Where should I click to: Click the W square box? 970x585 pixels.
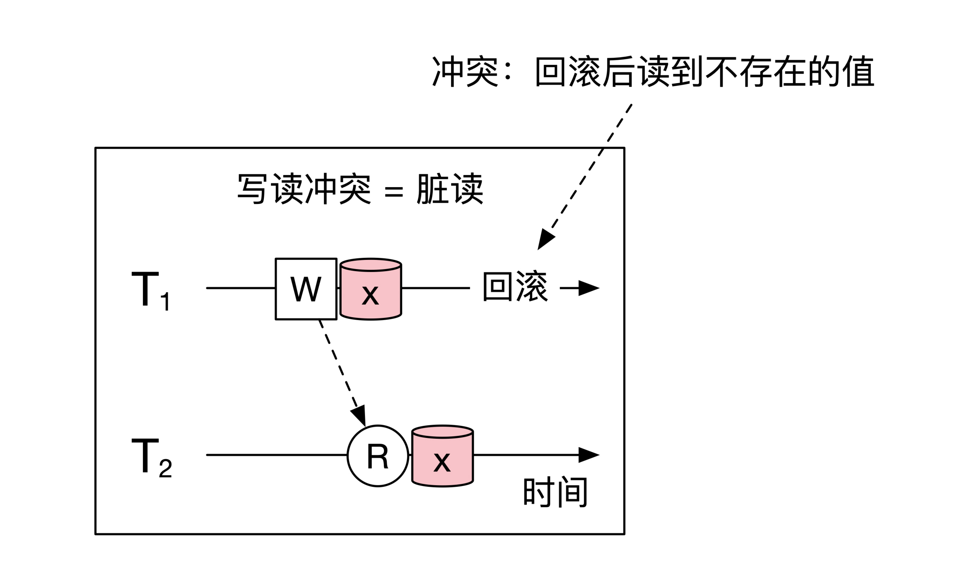(306, 289)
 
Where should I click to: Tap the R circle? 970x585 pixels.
(378, 456)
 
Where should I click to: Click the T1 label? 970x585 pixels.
(151, 290)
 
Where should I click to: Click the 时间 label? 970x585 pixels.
(556, 492)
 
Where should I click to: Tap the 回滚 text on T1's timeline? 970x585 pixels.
(515, 287)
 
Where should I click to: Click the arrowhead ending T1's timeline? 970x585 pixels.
(590, 288)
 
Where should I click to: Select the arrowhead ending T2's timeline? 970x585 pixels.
(590, 455)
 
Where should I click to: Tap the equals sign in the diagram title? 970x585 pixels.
(393, 192)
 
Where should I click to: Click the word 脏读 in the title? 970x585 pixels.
(450, 189)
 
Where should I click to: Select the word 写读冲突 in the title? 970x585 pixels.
(304, 189)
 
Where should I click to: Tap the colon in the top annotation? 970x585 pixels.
(508, 72)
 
